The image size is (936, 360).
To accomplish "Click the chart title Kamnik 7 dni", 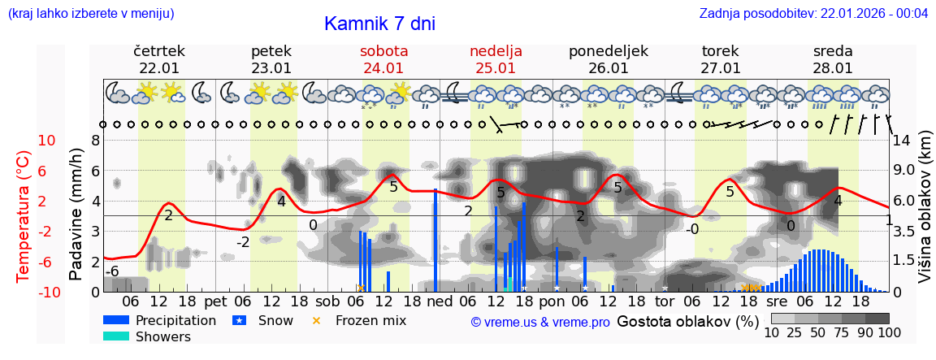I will pos(379,24).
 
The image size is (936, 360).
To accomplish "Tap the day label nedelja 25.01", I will pos(496,59).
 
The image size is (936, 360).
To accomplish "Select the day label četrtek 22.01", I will pos(159,59).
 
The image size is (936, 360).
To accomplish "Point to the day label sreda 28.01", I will pos(833,59).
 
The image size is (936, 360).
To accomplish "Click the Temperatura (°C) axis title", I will pos(24,216).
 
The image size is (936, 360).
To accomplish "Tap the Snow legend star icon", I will pos(239,320).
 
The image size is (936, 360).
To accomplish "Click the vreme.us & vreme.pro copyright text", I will pos(540,322).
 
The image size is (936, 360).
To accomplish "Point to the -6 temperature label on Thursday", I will pos(115,271).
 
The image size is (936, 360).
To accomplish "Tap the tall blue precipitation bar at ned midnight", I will pos(435,240).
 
